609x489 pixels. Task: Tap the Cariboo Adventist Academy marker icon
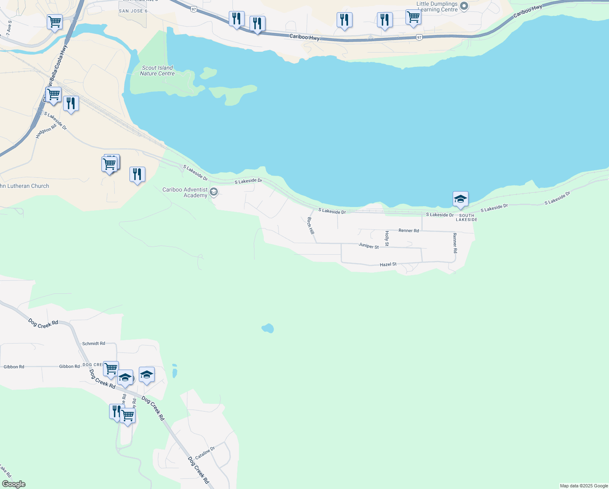coord(214,192)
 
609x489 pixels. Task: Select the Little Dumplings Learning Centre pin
coord(464,7)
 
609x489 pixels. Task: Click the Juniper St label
coord(368,246)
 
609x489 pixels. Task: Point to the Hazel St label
coord(388,264)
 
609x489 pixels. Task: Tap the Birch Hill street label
coord(311,225)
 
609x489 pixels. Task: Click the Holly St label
coord(387,238)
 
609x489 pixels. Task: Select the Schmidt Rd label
coord(94,344)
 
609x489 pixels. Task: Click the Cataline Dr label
coord(205,453)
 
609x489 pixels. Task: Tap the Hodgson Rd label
coord(46,131)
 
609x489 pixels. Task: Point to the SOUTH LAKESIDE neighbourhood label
coord(467,218)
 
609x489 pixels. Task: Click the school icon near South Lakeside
coord(460,199)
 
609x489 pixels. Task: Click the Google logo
coord(14,484)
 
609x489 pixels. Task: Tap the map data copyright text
coord(584,486)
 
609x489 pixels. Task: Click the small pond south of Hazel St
coord(267,328)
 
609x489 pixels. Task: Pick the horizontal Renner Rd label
coord(409,231)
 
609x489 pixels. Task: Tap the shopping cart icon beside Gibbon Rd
coord(111,369)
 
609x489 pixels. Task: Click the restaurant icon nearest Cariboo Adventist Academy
coord(137,174)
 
